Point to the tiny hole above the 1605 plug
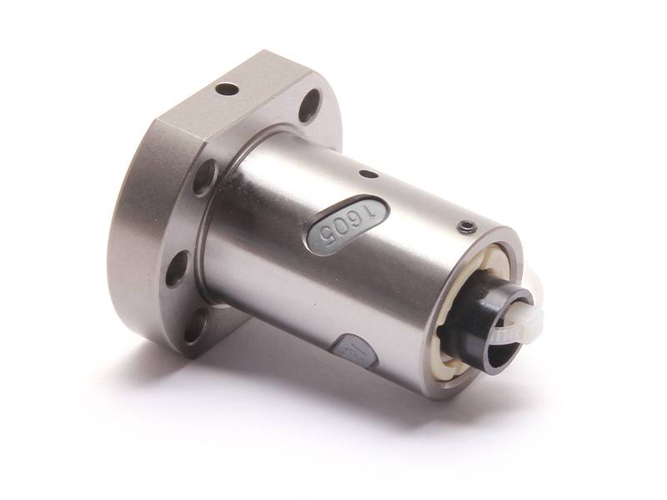[x=364, y=175]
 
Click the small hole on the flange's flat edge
[x=226, y=88]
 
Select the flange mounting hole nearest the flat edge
[x=310, y=106]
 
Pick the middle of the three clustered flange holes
[x=178, y=268]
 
